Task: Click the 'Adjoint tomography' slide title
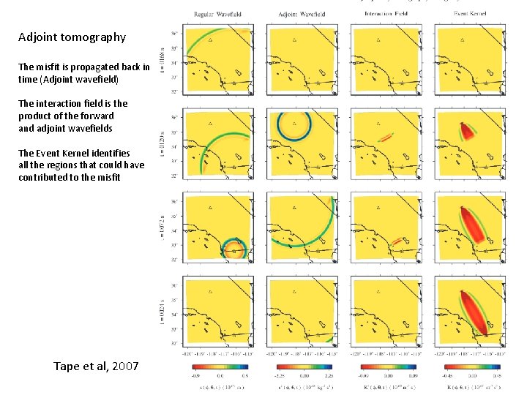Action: pyautogui.click(x=72, y=37)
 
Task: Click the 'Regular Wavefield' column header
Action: pyautogui.click(x=217, y=15)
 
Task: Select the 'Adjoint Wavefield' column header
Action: pyautogui.click(x=302, y=15)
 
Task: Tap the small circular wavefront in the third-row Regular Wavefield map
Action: pyautogui.click(x=234, y=250)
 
